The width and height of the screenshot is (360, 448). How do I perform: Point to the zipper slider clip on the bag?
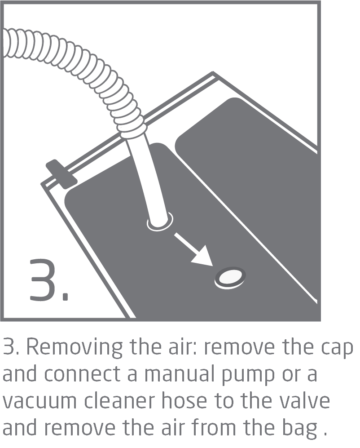(x=61, y=174)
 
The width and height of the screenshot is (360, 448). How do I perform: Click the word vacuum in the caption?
(x=40, y=401)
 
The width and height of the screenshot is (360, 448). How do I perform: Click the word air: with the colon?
(x=183, y=346)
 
